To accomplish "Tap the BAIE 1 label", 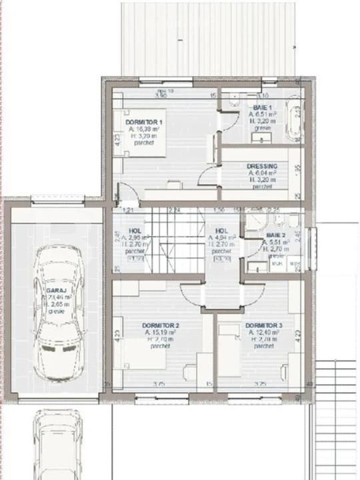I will [262, 107].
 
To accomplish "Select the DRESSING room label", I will [261, 166].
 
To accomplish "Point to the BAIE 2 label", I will [275, 235].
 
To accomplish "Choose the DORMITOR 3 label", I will [265, 325].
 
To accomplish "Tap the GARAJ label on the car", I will [53, 291].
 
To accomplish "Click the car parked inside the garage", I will [59, 313].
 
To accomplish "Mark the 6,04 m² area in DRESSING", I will [262, 173].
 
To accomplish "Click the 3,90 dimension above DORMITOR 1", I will [160, 96].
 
